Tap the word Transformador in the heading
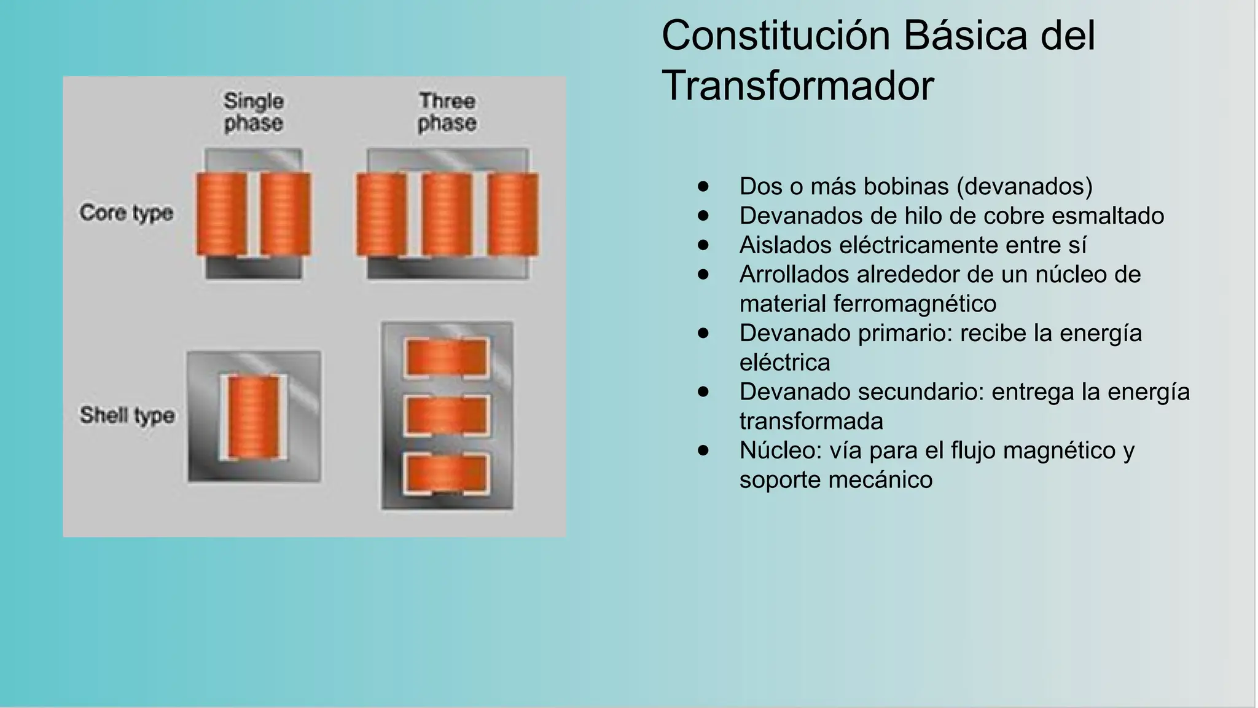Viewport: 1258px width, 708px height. click(797, 86)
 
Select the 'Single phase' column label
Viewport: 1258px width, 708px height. click(253, 112)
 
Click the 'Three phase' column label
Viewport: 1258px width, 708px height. click(447, 112)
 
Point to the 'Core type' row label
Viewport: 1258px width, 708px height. click(126, 213)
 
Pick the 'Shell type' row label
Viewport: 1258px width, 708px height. click(127, 415)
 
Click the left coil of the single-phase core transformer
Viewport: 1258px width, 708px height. click(221, 214)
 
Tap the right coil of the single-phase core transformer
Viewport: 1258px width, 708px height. click(286, 214)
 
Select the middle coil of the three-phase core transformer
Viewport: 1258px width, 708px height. click(447, 214)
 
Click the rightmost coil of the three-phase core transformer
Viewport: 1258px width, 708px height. click(513, 214)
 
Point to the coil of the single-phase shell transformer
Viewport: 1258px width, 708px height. click(253, 417)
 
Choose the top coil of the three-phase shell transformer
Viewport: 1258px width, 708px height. click(447, 357)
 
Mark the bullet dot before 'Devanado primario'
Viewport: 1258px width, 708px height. click(703, 333)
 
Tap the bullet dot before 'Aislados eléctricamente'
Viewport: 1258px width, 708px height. click(703, 245)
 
